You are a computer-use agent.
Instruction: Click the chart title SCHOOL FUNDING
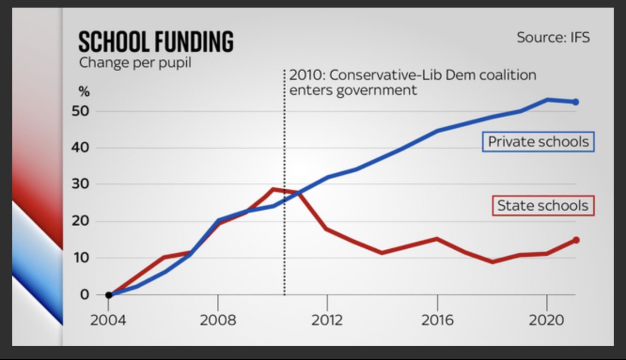pos(156,42)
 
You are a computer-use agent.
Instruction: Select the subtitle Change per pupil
pos(135,63)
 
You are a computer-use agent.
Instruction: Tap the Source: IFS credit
pos(553,38)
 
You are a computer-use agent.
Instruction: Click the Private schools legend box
pos(538,142)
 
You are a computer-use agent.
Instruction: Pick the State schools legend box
pos(543,205)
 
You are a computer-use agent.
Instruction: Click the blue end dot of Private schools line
pos(575,102)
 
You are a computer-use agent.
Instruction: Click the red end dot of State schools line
pos(576,240)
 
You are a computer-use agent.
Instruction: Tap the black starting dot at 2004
pos(109,295)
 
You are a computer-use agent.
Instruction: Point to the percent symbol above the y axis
pos(85,91)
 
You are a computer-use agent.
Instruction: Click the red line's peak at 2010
pos(273,189)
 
